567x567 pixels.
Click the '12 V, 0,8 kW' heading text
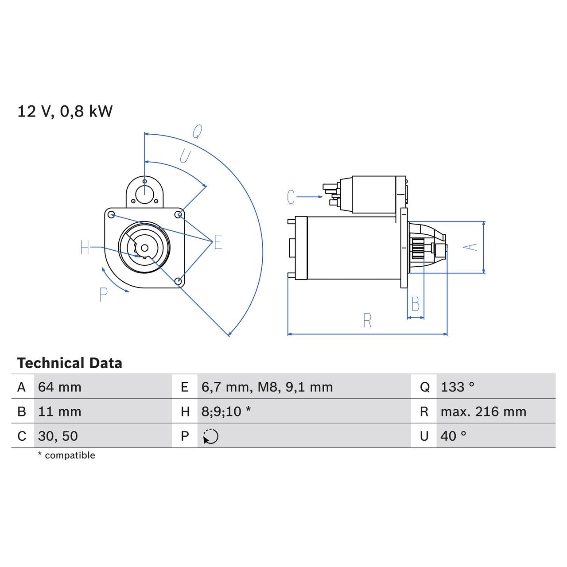(65, 111)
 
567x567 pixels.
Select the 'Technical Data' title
(70, 363)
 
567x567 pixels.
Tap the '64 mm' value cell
(60, 387)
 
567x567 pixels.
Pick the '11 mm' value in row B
(60, 412)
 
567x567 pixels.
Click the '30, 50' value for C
(58, 436)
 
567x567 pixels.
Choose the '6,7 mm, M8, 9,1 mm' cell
(267, 387)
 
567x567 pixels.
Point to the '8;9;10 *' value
(226, 412)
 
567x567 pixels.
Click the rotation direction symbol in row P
(211, 436)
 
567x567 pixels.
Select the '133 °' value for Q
(457, 387)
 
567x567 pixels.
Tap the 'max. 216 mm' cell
(483, 412)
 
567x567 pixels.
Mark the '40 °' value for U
(453, 436)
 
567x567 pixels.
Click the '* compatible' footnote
(66, 455)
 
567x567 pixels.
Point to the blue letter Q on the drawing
(197, 132)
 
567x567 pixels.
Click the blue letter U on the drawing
(185, 156)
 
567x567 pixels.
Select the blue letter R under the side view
(367, 321)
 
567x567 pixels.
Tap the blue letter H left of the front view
(85, 248)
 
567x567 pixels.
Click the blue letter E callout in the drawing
(218, 242)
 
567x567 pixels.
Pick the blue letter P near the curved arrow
(104, 295)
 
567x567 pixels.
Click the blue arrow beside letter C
(310, 197)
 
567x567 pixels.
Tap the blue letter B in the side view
(416, 304)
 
